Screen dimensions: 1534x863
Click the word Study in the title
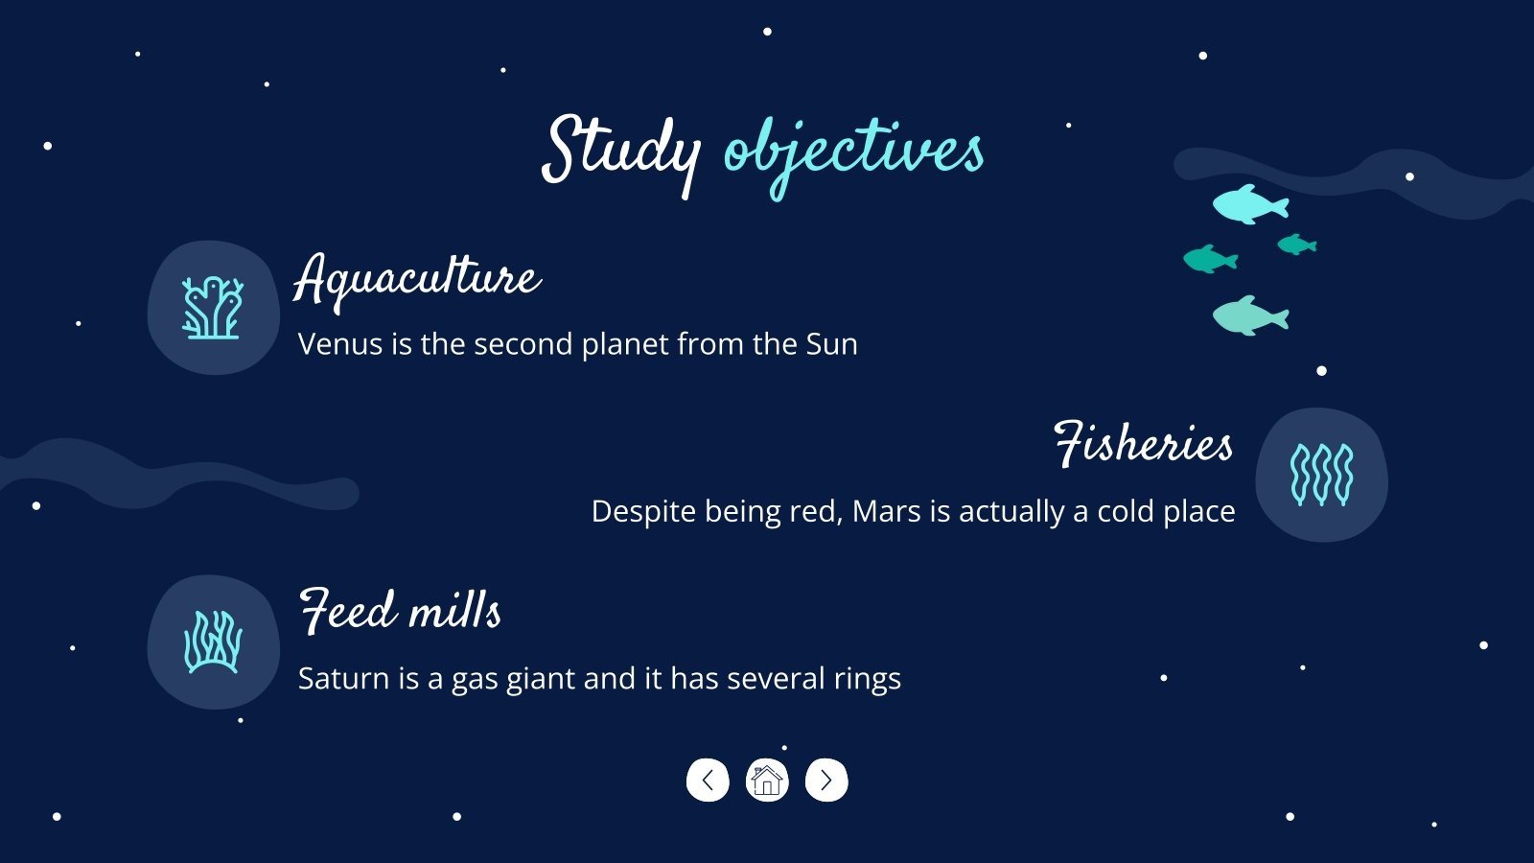(x=621, y=154)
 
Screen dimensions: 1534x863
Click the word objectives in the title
(x=854, y=156)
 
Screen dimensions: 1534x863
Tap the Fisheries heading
(x=1143, y=444)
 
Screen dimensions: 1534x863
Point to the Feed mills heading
(x=400, y=610)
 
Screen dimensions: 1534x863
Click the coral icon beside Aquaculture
(x=212, y=308)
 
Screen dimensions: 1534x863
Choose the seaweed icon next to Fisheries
(x=1322, y=475)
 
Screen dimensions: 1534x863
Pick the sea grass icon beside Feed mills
(x=213, y=641)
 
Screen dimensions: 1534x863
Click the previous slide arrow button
(x=708, y=781)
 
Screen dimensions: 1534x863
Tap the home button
(x=767, y=781)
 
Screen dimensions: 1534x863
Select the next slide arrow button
(x=826, y=781)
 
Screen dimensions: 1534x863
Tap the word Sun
(x=831, y=344)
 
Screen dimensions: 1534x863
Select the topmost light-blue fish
(x=1250, y=204)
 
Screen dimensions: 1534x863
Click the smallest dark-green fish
(x=1296, y=245)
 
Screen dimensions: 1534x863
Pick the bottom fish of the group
(x=1250, y=315)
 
